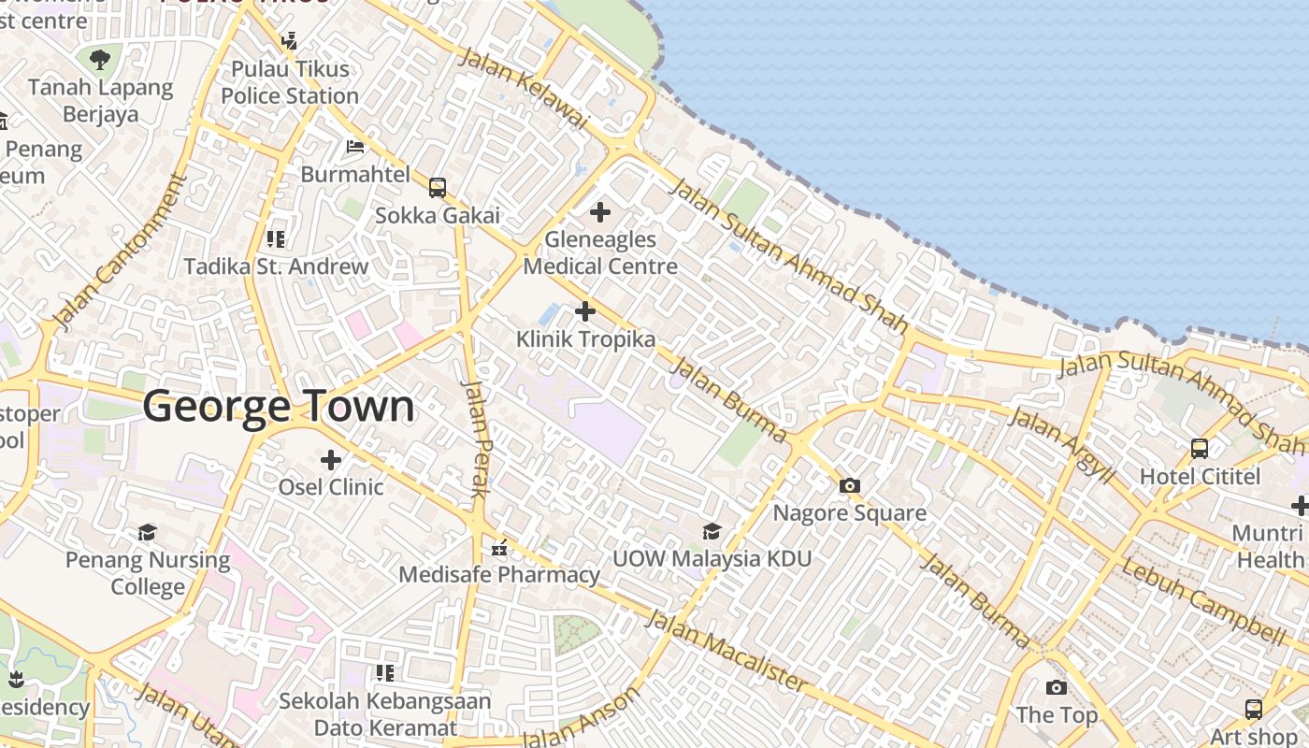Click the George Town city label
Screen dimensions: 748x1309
[279, 408]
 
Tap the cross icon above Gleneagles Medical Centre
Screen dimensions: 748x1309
[600, 213]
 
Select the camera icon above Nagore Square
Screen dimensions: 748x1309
[850, 485]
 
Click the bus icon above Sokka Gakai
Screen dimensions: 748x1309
[438, 188]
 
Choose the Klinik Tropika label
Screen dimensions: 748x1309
[586, 338]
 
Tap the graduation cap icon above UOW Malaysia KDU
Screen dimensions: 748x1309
[712, 532]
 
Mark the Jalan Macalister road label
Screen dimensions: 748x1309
[726, 651]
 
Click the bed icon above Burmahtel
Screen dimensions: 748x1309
[355, 147]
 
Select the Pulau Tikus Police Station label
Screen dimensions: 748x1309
[290, 82]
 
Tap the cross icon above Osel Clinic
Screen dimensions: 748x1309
[331, 460]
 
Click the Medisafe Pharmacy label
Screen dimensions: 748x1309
[499, 574]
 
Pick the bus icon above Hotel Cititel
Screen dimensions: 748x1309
[1200, 449]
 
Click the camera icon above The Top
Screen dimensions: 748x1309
[1057, 688]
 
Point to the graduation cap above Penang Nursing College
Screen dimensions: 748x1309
[148, 533]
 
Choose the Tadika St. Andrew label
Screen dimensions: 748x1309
[276, 266]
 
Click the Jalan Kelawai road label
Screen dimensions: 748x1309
[525, 88]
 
